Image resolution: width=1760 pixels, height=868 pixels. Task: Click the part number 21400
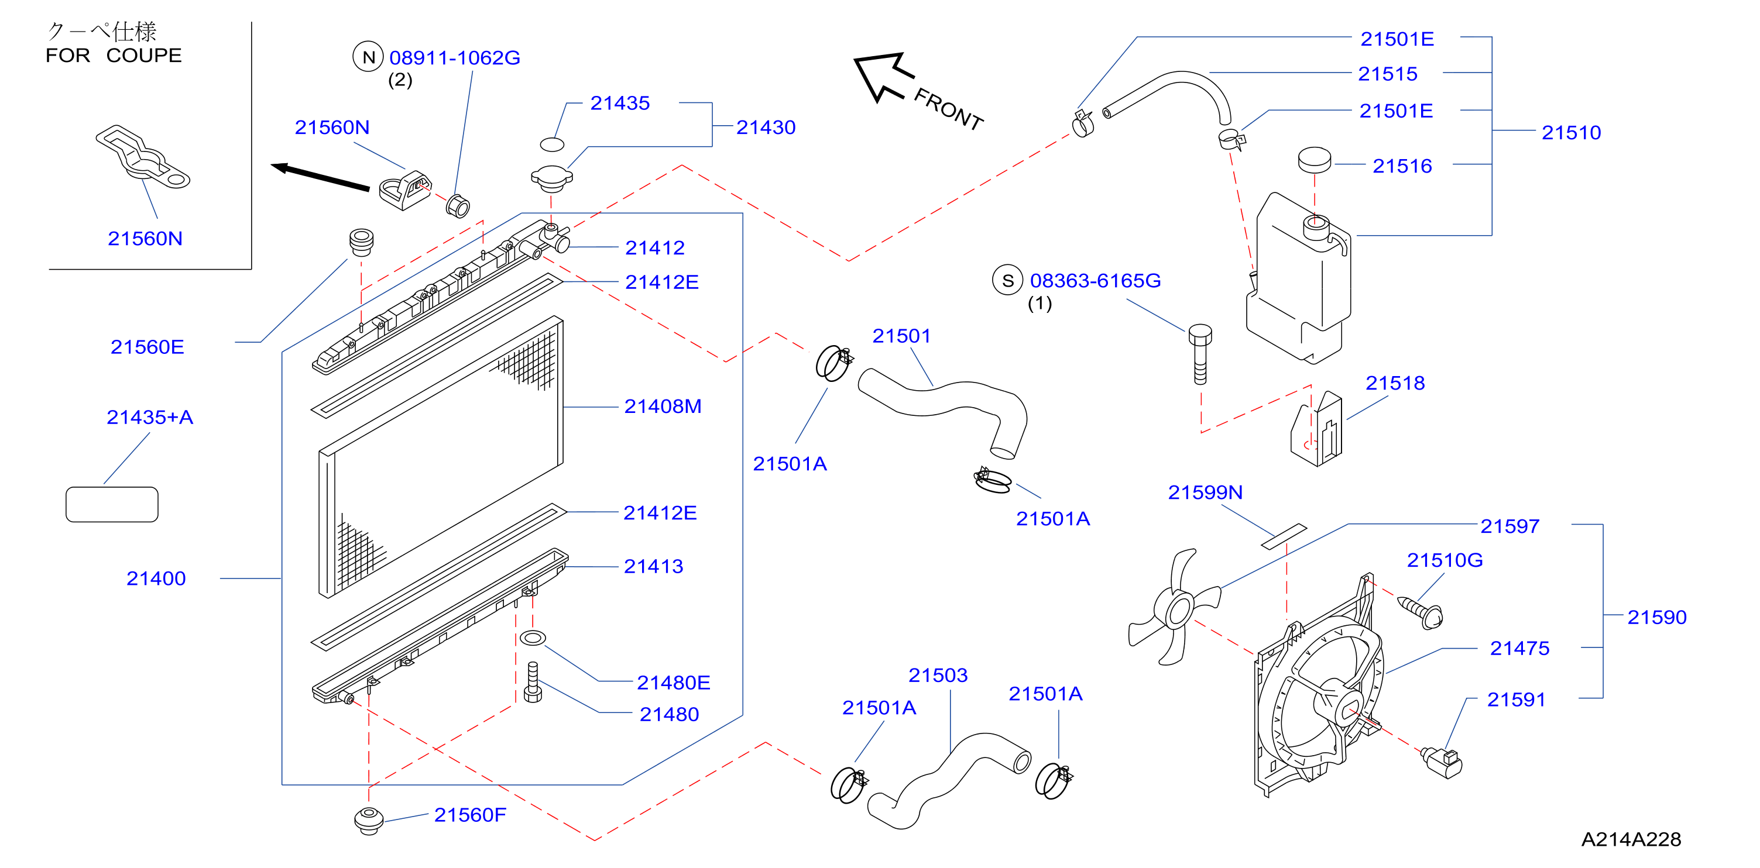pyautogui.click(x=156, y=578)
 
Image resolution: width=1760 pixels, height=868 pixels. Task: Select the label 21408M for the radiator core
pyautogui.click(x=663, y=407)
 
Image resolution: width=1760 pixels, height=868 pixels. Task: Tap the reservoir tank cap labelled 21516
pyautogui.click(x=1315, y=160)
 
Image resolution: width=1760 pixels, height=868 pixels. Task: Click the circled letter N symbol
pyautogui.click(x=369, y=57)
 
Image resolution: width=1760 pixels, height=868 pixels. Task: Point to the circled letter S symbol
pyautogui.click(x=1008, y=281)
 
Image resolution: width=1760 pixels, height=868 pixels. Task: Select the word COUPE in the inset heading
pyautogui.click(x=144, y=56)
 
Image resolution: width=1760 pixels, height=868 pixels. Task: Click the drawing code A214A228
pyautogui.click(x=1631, y=839)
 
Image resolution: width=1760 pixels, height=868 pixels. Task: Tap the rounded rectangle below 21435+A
pyautogui.click(x=112, y=505)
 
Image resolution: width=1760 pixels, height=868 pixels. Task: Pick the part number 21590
pyautogui.click(x=1657, y=617)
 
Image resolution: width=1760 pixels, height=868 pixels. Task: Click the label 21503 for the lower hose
pyautogui.click(x=938, y=676)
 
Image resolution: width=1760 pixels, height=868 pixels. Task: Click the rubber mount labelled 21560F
pyautogui.click(x=369, y=820)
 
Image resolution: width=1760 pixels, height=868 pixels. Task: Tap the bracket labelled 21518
pyautogui.click(x=1316, y=429)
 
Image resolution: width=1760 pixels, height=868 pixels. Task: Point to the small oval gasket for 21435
pyautogui.click(x=552, y=144)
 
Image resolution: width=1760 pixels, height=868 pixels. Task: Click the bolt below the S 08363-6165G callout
pyautogui.click(x=1200, y=354)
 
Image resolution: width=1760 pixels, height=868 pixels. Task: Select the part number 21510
pyautogui.click(x=1571, y=133)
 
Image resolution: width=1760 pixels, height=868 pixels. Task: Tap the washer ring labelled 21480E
pyautogui.click(x=533, y=639)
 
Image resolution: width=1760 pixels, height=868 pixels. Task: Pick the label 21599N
pyautogui.click(x=1205, y=492)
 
